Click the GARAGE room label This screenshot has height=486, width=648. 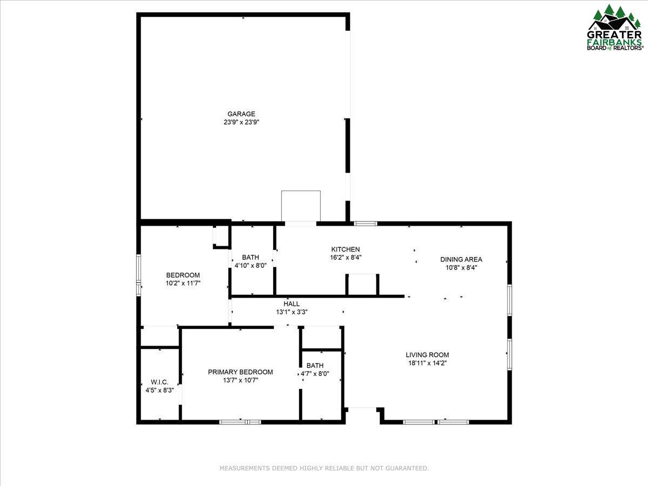pyautogui.click(x=241, y=114)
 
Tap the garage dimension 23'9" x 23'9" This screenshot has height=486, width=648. pyautogui.click(x=241, y=122)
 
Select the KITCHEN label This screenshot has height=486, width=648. pyautogui.click(x=346, y=249)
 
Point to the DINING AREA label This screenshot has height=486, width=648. pyautogui.click(x=461, y=259)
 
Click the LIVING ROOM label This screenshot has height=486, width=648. pyautogui.click(x=427, y=355)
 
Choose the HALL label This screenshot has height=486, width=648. pyautogui.click(x=292, y=304)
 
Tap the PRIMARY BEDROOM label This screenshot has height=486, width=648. pyautogui.click(x=240, y=372)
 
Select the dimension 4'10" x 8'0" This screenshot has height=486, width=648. pyautogui.click(x=251, y=265)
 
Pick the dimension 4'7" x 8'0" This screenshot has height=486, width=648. pyautogui.click(x=315, y=374)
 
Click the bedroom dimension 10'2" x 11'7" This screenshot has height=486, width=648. pyautogui.click(x=183, y=283)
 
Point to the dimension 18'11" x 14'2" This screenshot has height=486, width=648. pyautogui.click(x=427, y=363)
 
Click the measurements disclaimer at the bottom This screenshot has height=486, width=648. pyautogui.click(x=324, y=468)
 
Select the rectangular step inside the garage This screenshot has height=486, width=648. pyautogui.click(x=301, y=205)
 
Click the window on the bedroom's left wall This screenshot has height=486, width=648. pyautogui.click(x=139, y=275)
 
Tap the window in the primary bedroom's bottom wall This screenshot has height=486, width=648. pyautogui.click(x=240, y=422)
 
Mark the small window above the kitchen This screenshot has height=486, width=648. pyautogui.click(x=366, y=223)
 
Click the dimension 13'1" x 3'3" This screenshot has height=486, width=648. pyautogui.click(x=292, y=312)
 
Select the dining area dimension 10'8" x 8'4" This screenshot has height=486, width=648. pyautogui.click(x=461, y=267)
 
